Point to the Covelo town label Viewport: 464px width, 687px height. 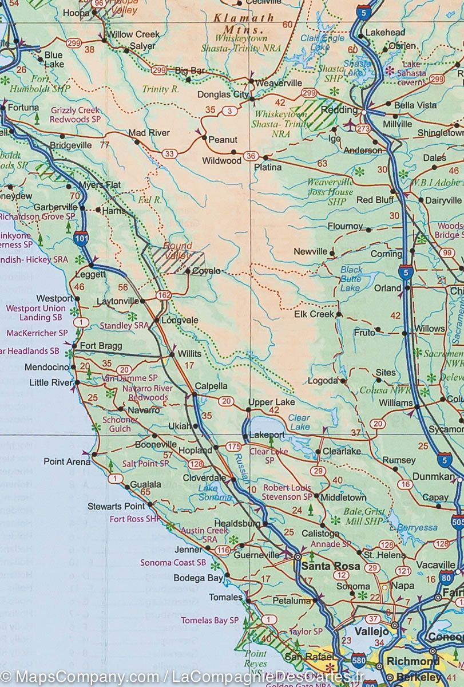click(207, 271)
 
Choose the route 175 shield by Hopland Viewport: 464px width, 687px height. click(233, 446)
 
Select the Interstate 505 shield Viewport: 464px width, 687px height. click(457, 522)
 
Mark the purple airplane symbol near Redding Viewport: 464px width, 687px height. click(350, 124)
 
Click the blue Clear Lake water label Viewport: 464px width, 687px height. click(299, 422)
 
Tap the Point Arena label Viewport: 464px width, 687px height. click(67, 461)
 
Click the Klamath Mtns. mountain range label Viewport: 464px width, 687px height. click(236, 23)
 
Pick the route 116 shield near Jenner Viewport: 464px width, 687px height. click(223, 551)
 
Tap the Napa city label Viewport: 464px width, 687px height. click(402, 586)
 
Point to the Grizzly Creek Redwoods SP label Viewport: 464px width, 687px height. click(75, 115)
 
